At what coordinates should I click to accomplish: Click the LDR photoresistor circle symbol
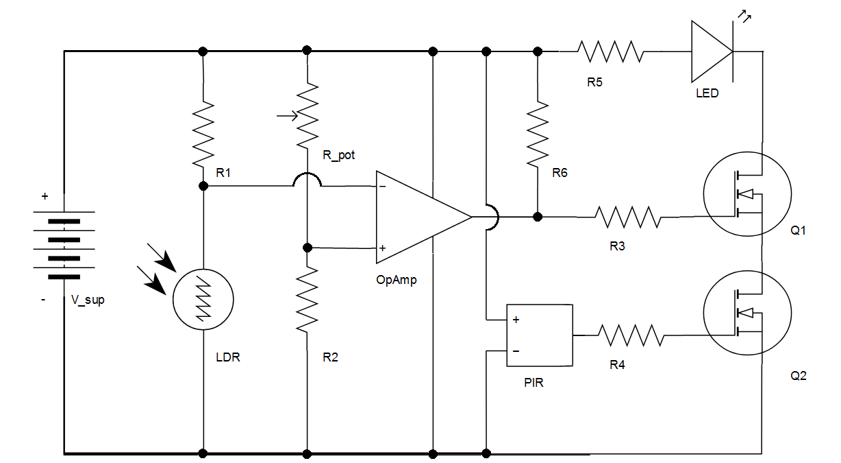[203, 300]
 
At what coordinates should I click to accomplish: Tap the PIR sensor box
[539, 335]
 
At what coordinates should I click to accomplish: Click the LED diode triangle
[712, 51]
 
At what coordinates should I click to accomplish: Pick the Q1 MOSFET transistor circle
[748, 194]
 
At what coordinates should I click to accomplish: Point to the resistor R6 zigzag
[538, 135]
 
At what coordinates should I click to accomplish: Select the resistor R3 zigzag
[628, 217]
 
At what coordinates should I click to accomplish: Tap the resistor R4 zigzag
[631, 335]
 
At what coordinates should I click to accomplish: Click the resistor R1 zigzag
[203, 133]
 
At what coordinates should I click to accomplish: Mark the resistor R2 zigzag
[307, 299]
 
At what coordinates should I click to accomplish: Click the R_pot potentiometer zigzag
[307, 115]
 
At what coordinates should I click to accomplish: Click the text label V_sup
[88, 300]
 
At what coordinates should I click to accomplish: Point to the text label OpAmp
[396, 280]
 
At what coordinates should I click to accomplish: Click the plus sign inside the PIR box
[516, 320]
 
